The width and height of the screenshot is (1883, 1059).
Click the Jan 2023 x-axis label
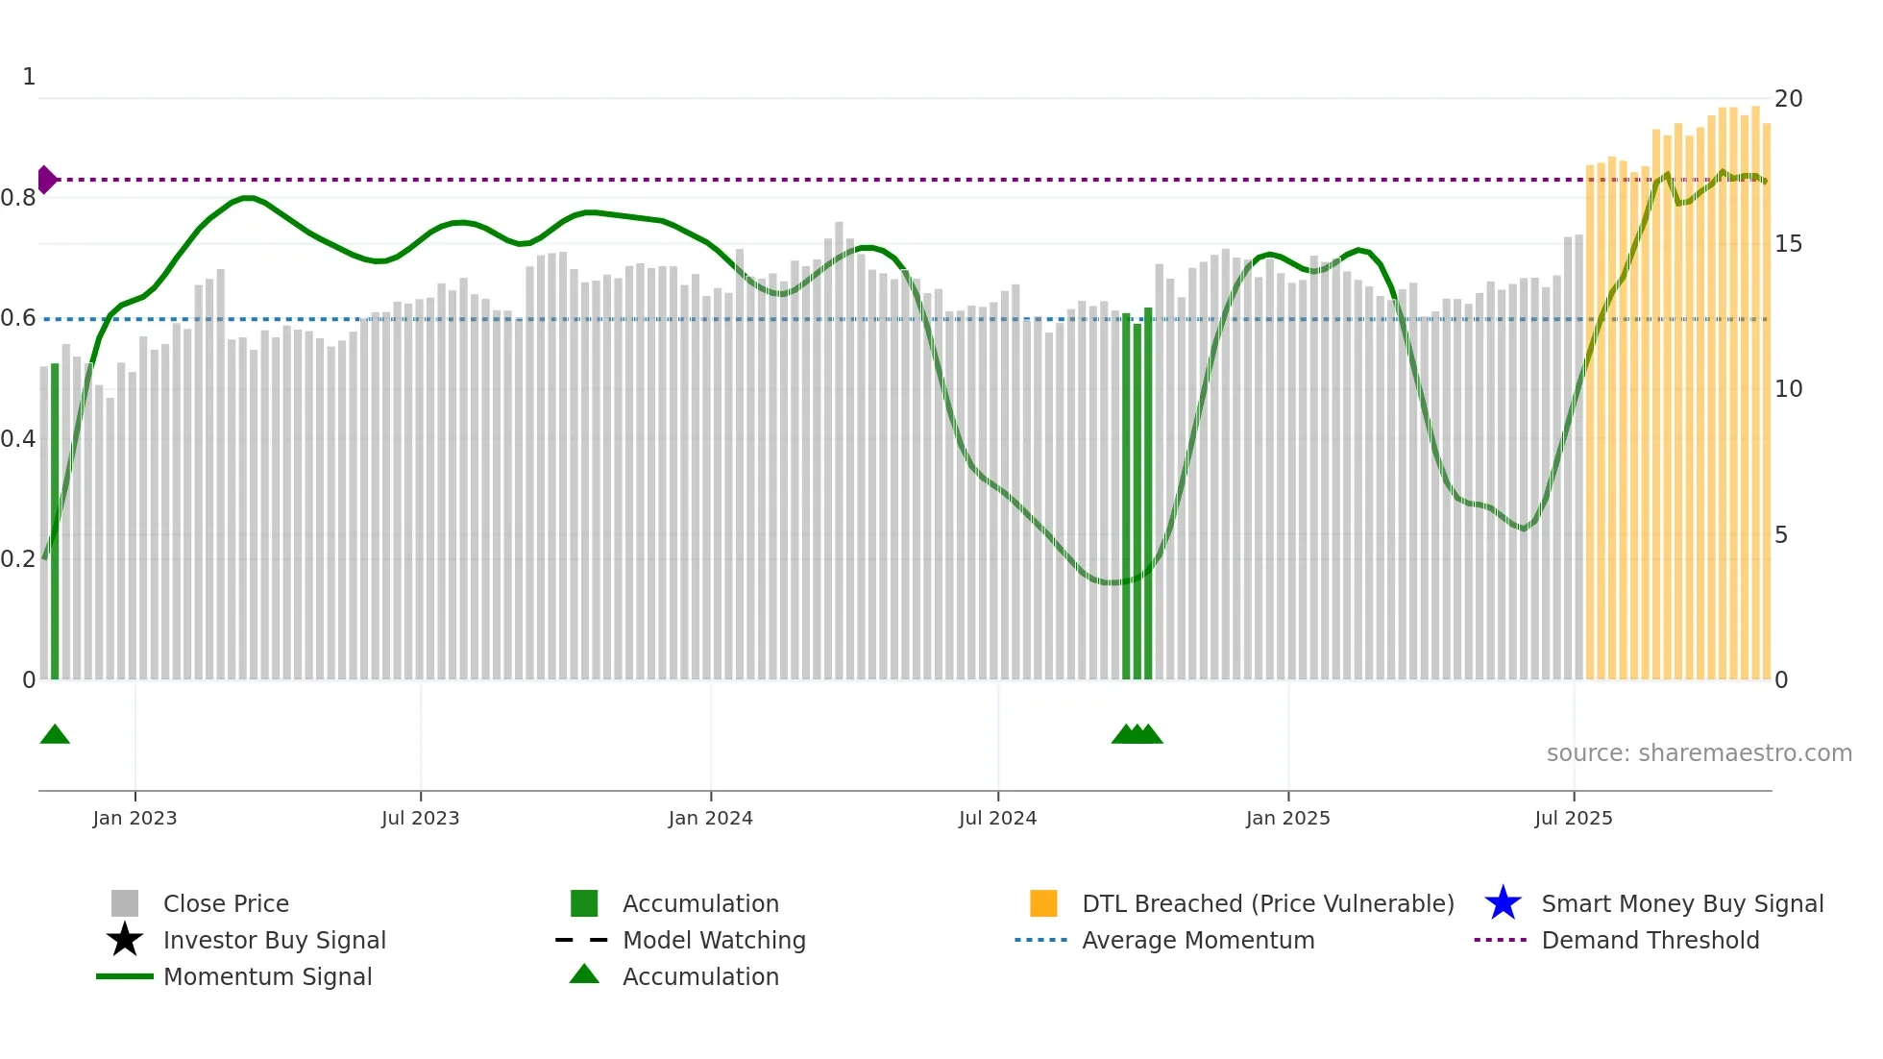134,818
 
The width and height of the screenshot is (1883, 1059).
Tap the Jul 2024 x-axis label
997,818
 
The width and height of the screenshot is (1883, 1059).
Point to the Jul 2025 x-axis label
1573,818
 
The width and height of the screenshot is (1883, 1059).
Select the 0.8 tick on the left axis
18,198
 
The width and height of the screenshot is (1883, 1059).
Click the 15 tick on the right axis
1788,244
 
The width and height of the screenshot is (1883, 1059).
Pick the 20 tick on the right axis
1788,99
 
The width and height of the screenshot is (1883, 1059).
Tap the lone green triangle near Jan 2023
55,734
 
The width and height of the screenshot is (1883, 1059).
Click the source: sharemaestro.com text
1699,753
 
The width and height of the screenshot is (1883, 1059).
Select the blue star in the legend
1503,903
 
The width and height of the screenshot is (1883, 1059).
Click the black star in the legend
125,940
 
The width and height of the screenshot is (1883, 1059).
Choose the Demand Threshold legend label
1650,940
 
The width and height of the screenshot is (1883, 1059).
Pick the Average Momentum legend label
1198,940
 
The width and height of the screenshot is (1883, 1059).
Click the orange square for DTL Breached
1043,903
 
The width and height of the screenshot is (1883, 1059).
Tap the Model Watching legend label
714,940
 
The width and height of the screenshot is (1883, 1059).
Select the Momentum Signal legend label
267,976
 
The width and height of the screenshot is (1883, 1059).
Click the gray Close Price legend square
125,903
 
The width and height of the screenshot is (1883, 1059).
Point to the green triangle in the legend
584,974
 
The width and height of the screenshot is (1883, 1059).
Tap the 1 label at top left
29,77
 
